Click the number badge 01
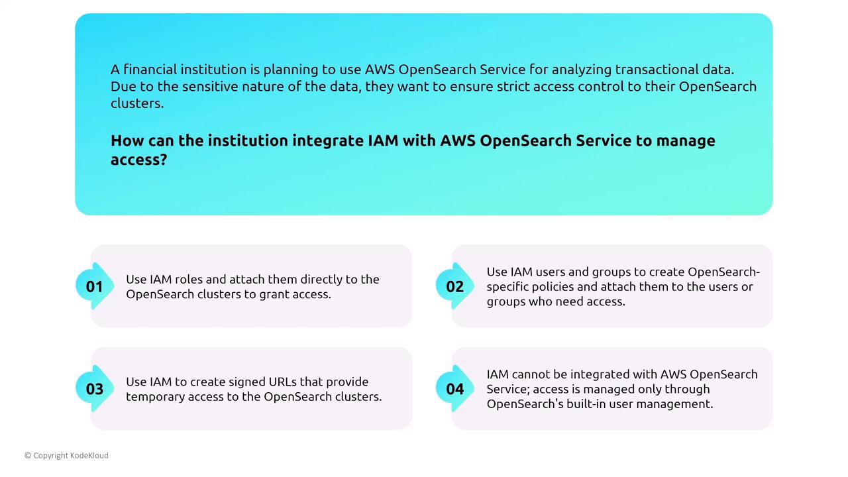click(95, 286)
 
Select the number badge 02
click(454, 286)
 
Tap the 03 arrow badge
click(95, 388)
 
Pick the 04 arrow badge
click(454, 388)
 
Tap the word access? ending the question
click(139, 160)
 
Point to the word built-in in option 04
click(586, 403)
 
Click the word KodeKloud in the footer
click(89, 455)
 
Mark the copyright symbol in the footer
click(28, 455)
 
